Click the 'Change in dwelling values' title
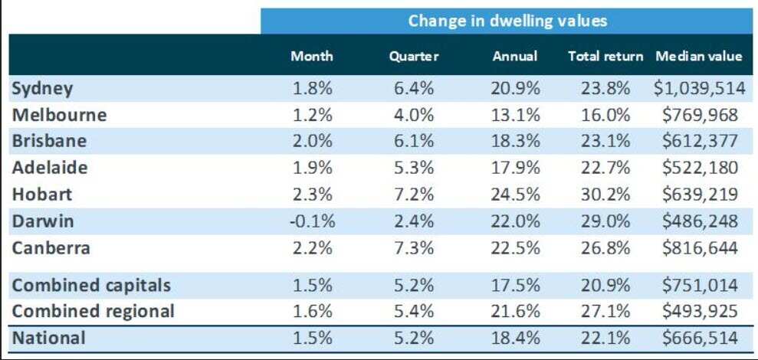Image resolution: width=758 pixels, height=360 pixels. click(x=507, y=21)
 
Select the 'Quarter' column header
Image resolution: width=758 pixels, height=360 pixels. click(x=413, y=57)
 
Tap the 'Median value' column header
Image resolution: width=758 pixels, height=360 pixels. click(x=698, y=57)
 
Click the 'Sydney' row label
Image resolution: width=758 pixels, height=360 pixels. click(x=42, y=88)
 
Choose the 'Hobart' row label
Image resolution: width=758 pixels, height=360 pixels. click(x=41, y=195)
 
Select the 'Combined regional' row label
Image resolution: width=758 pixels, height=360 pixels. click(x=93, y=311)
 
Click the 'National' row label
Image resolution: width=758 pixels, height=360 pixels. click(x=49, y=338)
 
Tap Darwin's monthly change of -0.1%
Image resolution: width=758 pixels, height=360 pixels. click(x=312, y=221)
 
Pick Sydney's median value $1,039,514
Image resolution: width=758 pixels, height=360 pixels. click(x=699, y=88)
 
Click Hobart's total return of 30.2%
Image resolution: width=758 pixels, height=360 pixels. click(x=605, y=195)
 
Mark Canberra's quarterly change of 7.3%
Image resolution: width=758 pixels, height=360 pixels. click(x=414, y=248)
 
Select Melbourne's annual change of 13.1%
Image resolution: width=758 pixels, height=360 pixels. click(x=516, y=115)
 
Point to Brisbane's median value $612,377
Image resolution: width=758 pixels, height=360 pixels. click(x=702, y=142)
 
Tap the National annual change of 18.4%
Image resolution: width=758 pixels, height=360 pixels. click(x=516, y=338)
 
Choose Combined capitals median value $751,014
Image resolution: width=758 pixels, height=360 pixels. click(x=702, y=286)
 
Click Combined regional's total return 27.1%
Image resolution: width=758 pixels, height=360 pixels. click(x=605, y=311)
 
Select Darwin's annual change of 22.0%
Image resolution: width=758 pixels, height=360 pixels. click(x=516, y=221)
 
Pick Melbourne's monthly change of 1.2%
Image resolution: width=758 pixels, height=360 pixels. click(x=312, y=115)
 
